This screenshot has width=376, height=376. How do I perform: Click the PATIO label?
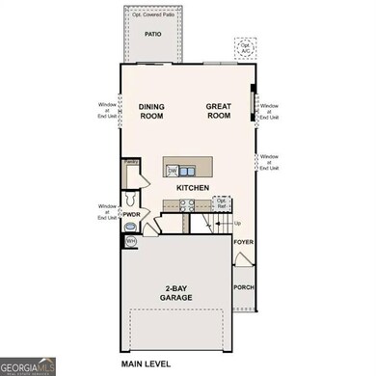(152, 34)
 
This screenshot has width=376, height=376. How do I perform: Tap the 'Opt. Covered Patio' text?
(152, 14)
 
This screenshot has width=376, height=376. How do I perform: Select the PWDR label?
(133, 214)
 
